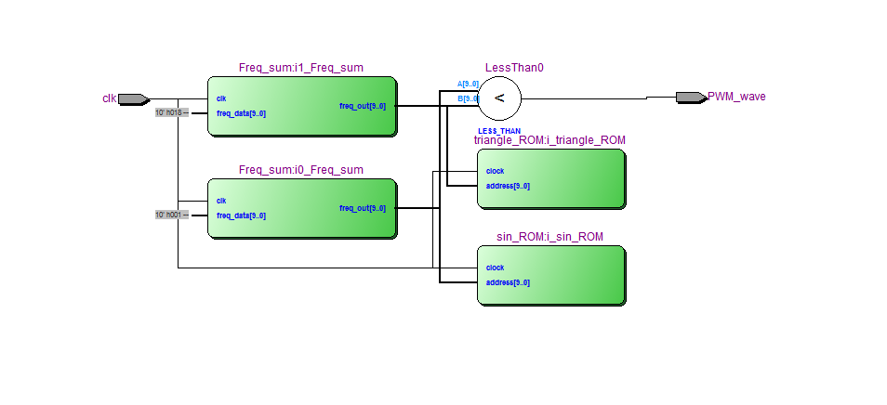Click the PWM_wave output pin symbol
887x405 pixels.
click(x=690, y=97)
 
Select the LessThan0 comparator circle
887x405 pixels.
click(x=499, y=98)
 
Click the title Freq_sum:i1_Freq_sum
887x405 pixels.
click(x=300, y=68)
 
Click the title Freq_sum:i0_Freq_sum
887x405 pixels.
click(x=300, y=170)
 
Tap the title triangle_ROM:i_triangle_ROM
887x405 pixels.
click(x=549, y=140)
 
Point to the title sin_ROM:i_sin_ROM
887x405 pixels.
click(x=549, y=237)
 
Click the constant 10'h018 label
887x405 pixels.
click(x=171, y=112)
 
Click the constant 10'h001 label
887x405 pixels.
click(x=171, y=215)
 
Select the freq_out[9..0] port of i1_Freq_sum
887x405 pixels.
click(x=362, y=106)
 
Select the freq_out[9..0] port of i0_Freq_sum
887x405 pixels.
click(x=362, y=208)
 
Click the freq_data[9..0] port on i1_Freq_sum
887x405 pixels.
click(x=241, y=113)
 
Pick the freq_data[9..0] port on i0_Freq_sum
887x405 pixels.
click(x=241, y=216)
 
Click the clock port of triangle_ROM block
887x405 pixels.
click(x=495, y=171)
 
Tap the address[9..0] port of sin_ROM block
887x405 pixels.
click(x=508, y=282)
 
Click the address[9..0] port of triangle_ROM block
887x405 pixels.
click(x=508, y=186)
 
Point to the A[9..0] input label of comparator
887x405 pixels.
click(x=468, y=84)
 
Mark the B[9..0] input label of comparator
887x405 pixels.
click(x=468, y=98)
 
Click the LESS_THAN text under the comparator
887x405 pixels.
click(x=499, y=131)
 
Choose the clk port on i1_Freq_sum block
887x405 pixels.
click(x=221, y=98)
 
